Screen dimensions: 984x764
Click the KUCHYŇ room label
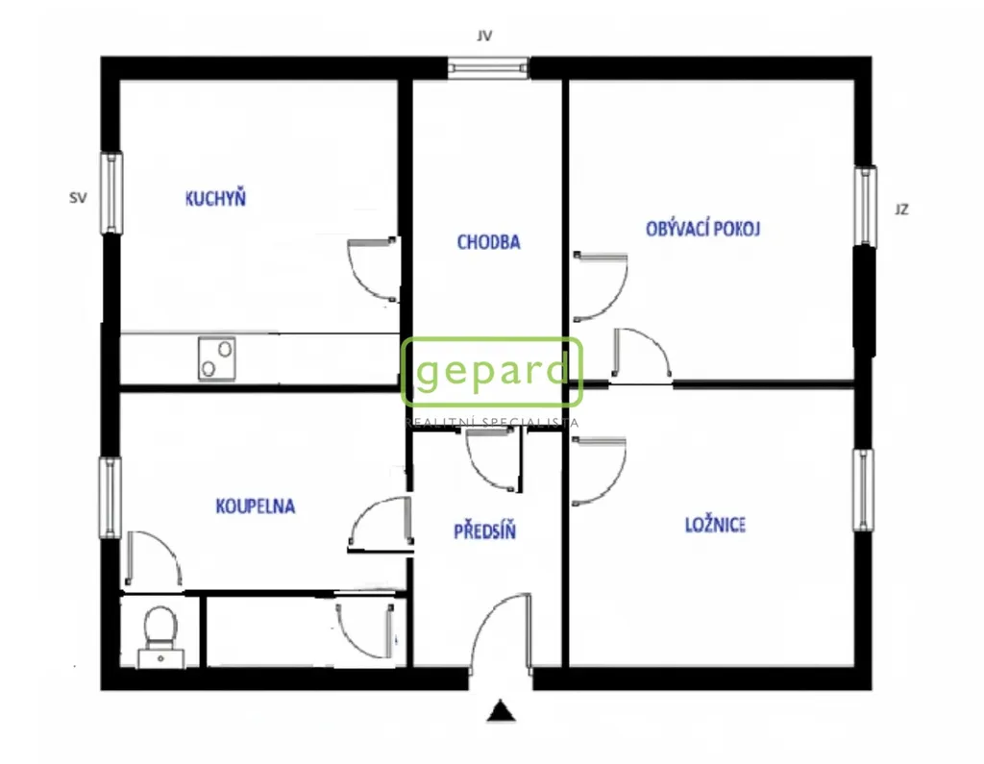tap(215, 198)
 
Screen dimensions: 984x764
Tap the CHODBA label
tap(488, 241)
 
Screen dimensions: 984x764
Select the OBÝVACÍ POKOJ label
tap(702, 229)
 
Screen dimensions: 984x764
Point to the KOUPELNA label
tap(255, 506)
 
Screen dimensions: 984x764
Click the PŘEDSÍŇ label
tap(484, 531)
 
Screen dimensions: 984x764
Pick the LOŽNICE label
tap(715, 524)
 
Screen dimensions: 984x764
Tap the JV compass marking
tap(484, 36)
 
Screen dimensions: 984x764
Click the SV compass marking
tap(78, 198)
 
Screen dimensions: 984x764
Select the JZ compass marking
tap(901, 209)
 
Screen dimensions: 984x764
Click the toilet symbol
tap(160, 635)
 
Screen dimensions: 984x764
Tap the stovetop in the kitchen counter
tap(217, 358)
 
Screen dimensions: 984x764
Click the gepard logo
tap(492, 372)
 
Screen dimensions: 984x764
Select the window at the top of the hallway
tap(488, 68)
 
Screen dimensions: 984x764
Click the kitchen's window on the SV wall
tap(111, 193)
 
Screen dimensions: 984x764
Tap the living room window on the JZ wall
tap(865, 206)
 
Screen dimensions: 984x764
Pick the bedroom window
tap(863, 490)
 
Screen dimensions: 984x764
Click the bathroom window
tap(110, 497)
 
